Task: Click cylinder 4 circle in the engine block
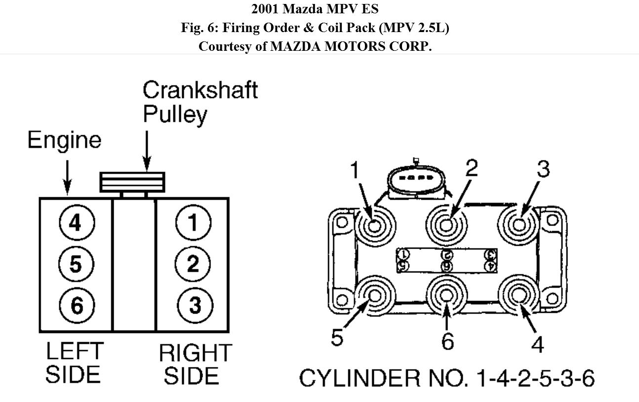76,223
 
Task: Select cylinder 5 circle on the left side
76,264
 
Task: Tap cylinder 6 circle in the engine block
76,305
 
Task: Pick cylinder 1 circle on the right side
193,223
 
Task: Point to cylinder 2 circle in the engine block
193,264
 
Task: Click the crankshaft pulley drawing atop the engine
132,182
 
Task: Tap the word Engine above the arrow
64,140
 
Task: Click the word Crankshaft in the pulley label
200,90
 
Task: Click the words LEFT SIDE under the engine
74,363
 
